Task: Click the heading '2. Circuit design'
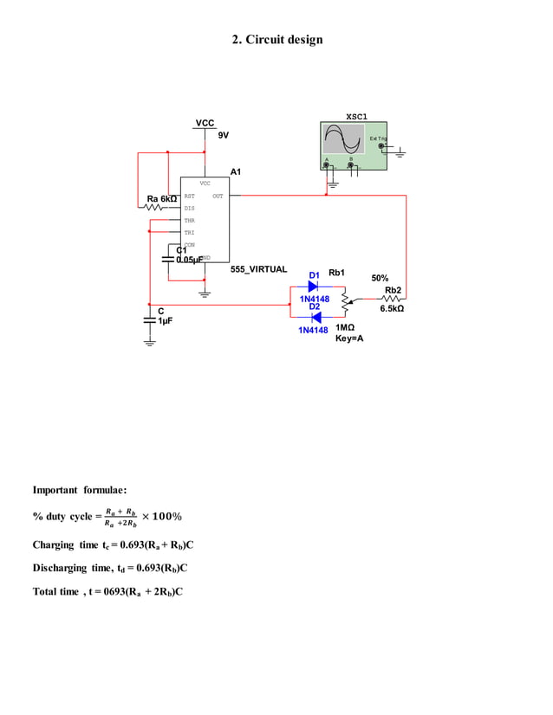[276, 40]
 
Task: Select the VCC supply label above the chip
[205, 124]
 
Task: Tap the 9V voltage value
[224, 135]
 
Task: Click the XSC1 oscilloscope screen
[343, 138]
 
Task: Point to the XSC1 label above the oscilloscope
[356, 116]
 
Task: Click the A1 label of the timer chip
[236, 171]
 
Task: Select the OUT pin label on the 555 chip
[218, 196]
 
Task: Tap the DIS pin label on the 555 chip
[189, 209]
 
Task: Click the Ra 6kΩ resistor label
[162, 199]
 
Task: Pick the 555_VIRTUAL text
[258, 269]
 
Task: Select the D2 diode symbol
[315, 318]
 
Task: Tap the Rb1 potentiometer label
[337, 274]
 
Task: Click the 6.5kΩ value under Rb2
[392, 308]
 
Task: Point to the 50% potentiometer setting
[380, 278]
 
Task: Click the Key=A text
[349, 338]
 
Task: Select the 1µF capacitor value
[166, 320]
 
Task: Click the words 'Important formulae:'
[80, 491]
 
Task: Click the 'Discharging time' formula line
[110, 569]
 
